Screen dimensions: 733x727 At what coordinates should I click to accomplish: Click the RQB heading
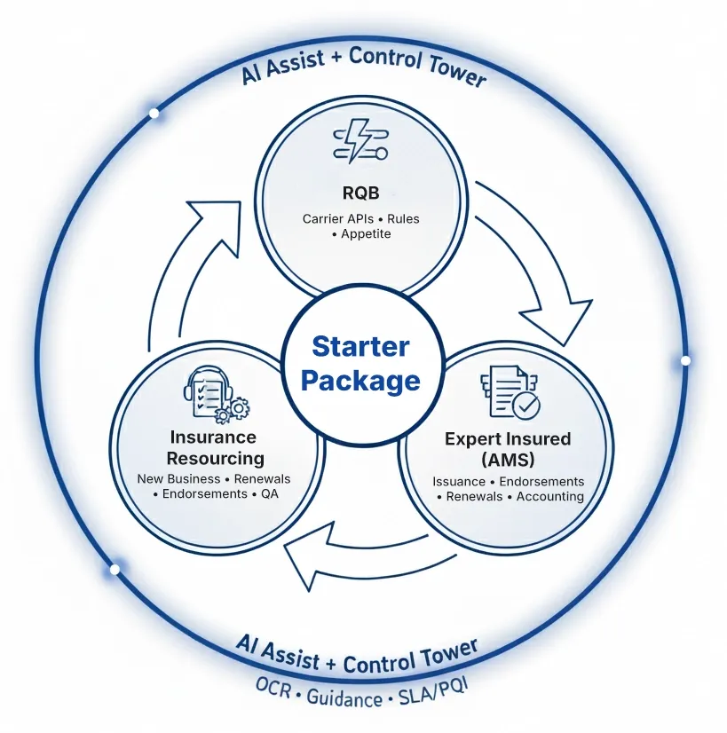point(360,192)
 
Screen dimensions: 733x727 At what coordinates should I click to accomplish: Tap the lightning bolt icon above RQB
point(360,144)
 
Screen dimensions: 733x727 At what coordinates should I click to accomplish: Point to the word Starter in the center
point(360,346)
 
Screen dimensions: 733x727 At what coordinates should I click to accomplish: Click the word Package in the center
point(360,381)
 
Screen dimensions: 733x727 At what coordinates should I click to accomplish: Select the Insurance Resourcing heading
point(216,447)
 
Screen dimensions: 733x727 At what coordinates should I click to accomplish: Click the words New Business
point(176,479)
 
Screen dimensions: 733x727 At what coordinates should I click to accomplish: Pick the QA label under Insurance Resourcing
point(269,494)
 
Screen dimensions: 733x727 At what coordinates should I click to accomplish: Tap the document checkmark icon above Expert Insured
point(510,392)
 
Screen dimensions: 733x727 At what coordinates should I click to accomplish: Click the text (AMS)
point(508,459)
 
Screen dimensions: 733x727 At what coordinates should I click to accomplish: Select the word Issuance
point(459,482)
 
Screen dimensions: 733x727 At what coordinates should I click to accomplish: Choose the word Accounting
point(550,497)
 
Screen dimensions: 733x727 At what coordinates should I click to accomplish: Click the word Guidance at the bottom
point(344,698)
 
